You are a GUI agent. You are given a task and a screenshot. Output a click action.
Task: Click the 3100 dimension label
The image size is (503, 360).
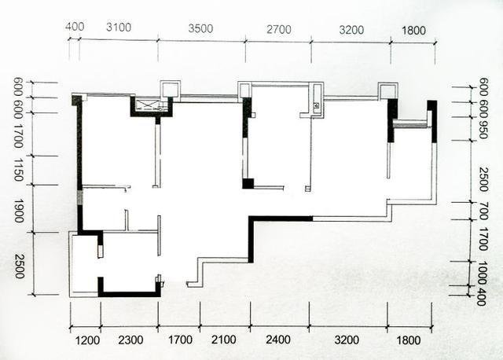click(119, 28)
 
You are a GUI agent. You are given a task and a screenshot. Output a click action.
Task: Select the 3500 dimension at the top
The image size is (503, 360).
click(200, 28)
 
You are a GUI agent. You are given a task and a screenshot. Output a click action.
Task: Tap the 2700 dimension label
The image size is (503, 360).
click(279, 30)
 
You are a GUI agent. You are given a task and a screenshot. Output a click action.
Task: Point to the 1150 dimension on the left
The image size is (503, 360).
click(19, 170)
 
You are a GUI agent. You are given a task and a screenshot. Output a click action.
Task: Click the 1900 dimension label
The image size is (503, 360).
click(19, 211)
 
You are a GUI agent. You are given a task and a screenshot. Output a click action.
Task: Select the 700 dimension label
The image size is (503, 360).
click(483, 211)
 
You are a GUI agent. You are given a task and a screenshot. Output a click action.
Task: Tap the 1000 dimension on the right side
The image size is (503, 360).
click(482, 273)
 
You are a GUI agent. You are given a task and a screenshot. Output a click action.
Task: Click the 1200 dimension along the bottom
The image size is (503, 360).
click(87, 340)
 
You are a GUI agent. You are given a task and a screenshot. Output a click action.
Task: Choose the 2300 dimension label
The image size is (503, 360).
click(130, 340)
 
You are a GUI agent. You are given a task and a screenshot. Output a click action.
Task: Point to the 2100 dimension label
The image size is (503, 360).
click(223, 340)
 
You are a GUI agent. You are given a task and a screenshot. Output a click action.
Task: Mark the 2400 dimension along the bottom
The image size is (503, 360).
click(278, 340)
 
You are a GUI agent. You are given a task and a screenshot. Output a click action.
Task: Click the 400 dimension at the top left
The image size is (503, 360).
click(75, 26)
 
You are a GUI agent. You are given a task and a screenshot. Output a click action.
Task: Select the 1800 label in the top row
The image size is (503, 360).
click(414, 31)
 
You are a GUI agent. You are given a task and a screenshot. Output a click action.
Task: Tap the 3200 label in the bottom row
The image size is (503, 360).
click(347, 340)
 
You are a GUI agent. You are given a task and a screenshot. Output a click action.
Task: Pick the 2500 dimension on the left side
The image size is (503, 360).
click(19, 266)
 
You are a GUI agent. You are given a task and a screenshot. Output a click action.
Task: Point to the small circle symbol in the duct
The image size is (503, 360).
click(316, 105)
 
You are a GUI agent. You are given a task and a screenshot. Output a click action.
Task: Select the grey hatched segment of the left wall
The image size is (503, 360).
click(80, 197)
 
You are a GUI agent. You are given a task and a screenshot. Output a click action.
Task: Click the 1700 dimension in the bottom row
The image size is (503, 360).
click(181, 340)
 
